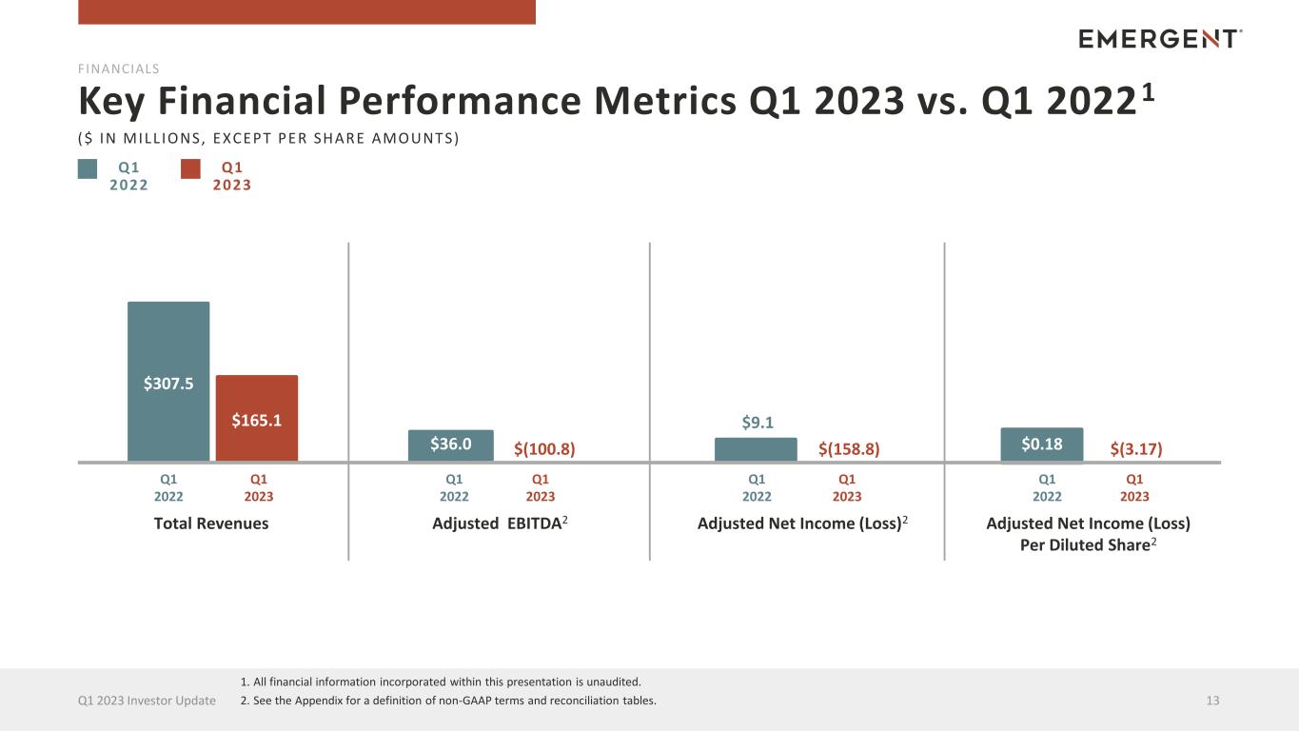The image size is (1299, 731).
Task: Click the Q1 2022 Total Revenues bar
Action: pos(168,381)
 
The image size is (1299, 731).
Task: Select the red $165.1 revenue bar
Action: pos(257,418)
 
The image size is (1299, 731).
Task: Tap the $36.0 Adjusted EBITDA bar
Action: pos(450,445)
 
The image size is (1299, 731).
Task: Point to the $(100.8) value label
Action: pos(544,448)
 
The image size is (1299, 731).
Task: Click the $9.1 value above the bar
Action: pos(758,423)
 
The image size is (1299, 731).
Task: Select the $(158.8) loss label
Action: pos(849,448)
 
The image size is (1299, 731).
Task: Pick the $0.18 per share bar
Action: pos(1041,445)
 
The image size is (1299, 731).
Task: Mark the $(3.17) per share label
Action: pos(1136,448)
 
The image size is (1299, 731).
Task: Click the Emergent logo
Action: pos(1160,39)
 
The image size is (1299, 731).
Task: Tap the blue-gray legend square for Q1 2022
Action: pos(88,169)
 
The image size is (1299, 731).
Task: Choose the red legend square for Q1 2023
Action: pos(190,169)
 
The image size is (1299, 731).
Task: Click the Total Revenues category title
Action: pos(211,524)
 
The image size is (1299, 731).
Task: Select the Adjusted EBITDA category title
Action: pos(500,524)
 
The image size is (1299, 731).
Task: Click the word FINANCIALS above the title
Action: pos(119,69)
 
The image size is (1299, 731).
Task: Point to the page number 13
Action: pos(1212,701)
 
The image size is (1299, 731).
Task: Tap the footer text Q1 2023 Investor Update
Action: pos(147,701)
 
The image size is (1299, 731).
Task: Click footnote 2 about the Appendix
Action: pos(448,701)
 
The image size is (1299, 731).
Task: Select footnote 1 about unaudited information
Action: pos(441,682)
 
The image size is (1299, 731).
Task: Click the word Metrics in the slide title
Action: pos(665,101)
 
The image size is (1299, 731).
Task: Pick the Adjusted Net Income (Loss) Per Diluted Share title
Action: pos(1089,534)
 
